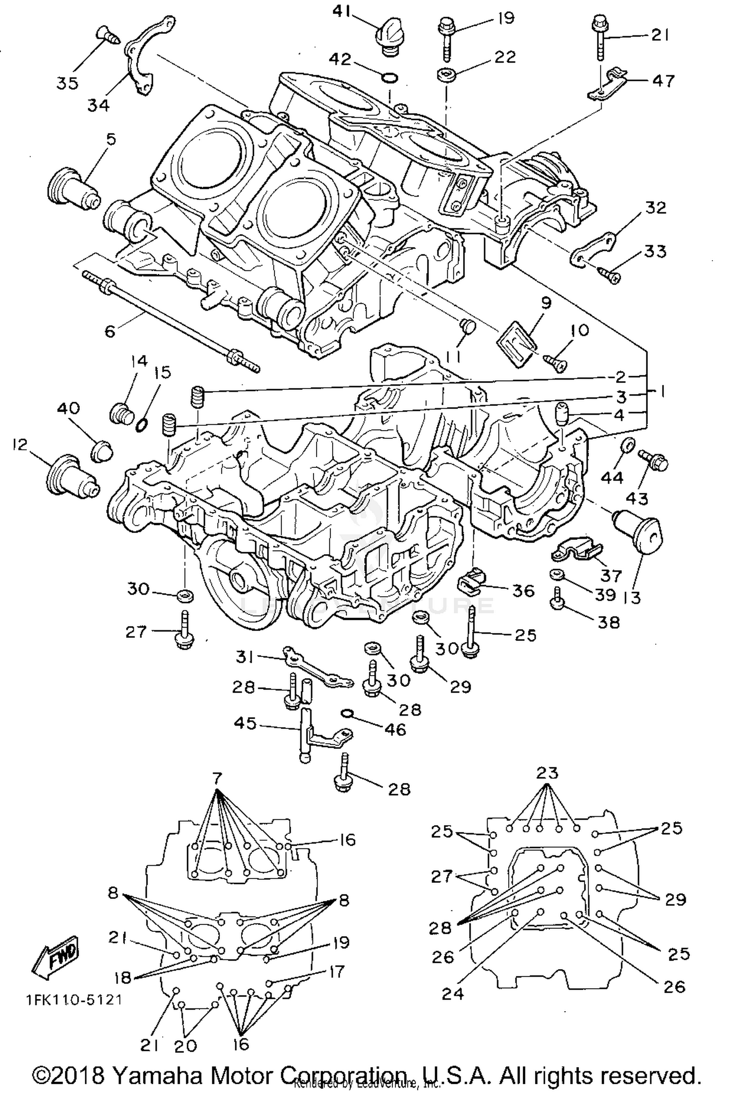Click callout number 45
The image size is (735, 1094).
click(x=245, y=723)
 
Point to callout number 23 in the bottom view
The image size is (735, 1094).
click(x=547, y=773)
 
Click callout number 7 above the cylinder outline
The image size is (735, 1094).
click(x=217, y=778)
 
